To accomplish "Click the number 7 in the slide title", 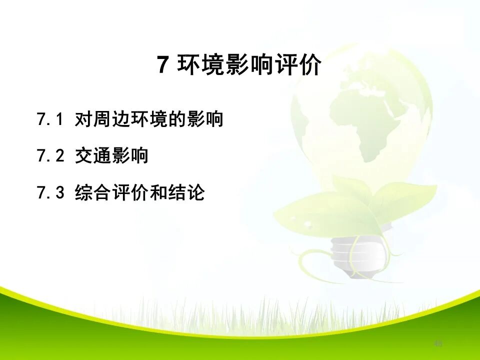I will click(x=162, y=65).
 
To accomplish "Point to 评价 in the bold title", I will click(x=297, y=65).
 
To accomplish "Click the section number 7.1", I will click(x=50, y=120).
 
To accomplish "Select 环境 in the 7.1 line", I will click(x=140, y=120).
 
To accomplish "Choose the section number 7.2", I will click(x=50, y=156).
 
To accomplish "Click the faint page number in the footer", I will click(x=438, y=343).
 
